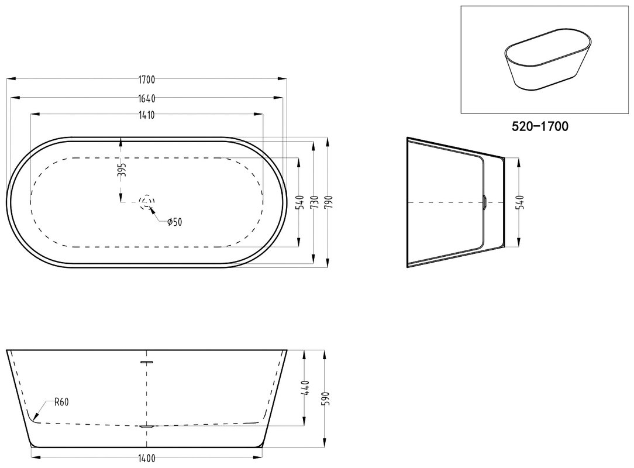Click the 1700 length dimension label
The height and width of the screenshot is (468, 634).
click(147, 80)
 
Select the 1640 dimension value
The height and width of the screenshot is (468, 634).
click(147, 98)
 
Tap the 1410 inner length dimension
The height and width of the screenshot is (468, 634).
click(147, 115)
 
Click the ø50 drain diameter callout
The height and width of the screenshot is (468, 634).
click(175, 222)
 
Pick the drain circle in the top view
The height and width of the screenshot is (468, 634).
click(147, 202)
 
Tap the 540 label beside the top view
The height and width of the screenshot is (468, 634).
click(299, 202)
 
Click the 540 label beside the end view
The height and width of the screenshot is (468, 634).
click(520, 202)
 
